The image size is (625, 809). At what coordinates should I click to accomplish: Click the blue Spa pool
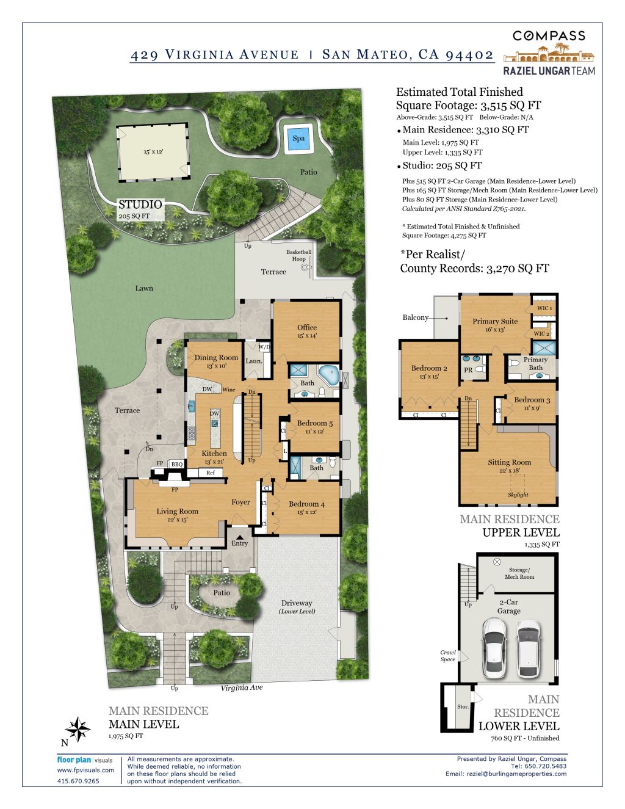(298, 139)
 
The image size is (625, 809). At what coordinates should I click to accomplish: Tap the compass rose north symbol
(77, 729)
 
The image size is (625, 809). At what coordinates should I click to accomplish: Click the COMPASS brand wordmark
(549, 36)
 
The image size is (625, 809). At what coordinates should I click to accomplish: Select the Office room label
(307, 327)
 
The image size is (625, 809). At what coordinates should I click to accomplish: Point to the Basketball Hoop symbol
(306, 267)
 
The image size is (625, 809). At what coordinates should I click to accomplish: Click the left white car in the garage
(494, 647)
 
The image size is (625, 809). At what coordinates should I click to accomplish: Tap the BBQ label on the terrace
(177, 464)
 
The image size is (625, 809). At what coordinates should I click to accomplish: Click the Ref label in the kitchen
(210, 473)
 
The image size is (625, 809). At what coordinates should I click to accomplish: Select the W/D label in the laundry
(264, 347)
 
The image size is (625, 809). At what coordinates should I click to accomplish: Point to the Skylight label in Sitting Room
(518, 495)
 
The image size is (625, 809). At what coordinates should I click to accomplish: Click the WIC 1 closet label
(544, 308)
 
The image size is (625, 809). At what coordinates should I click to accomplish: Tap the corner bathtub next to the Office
(329, 375)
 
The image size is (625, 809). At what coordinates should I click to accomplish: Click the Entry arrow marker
(240, 537)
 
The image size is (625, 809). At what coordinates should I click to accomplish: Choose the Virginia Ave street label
(242, 687)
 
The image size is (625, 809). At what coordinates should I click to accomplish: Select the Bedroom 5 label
(315, 423)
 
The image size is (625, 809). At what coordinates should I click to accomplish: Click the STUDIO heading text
(140, 205)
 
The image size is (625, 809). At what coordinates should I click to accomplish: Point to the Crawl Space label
(448, 656)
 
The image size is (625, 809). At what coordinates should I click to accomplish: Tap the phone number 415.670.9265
(78, 781)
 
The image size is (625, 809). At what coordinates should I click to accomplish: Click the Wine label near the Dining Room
(229, 390)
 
